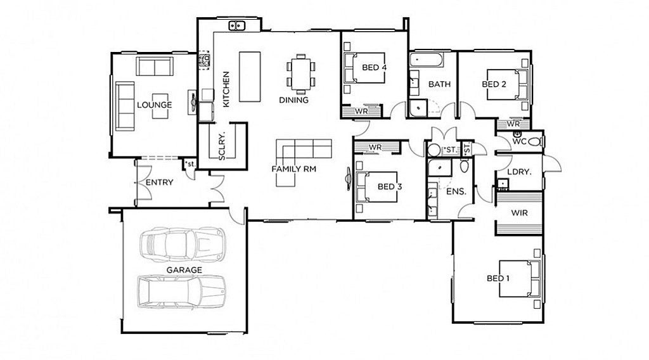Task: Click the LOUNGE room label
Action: [155, 105]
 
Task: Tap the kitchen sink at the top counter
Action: [237, 25]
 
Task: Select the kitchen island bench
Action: [250, 77]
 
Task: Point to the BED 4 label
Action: [374, 67]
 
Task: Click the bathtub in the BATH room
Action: [427, 60]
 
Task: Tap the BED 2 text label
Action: [494, 84]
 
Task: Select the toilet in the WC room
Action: [534, 142]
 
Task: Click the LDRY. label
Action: [519, 172]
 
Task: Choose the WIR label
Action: [520, 213]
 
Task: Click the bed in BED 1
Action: [520, 278]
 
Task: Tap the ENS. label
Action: [456, 191]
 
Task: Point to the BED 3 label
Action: [390, 186]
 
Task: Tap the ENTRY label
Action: [159, 182]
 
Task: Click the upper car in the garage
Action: [183, 245]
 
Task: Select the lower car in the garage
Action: [182, 292]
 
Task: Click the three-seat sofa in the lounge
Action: [125, 106]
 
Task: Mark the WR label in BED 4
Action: [361, 112]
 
